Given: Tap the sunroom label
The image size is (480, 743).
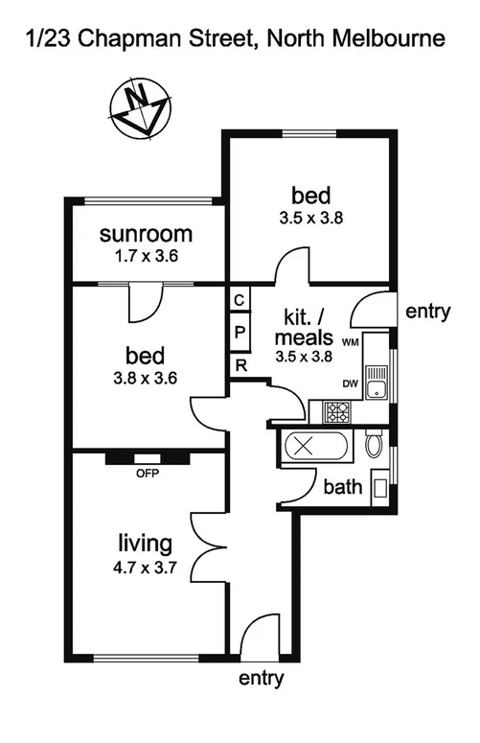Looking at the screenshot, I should tap(147, 234).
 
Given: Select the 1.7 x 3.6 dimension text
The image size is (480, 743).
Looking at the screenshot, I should tap(147, 256).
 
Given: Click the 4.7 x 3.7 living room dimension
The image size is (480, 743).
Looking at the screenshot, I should tap(145, 567).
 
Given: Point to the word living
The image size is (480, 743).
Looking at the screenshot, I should tap(145, 545).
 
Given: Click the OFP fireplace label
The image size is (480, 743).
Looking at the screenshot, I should tap(146, 473).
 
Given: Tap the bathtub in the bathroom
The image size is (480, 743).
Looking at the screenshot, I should tap(306, 449).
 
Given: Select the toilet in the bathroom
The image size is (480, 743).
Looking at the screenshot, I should tap(375, 445).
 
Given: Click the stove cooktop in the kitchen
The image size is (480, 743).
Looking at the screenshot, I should tap(336, 413).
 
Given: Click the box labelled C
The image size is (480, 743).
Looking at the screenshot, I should tap(240, 299).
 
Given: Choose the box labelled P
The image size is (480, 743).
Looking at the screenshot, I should tap(240, 332).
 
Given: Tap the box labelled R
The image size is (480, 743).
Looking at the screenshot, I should tap(240, 365).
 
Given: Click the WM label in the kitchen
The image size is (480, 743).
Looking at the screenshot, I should tap(350, 341).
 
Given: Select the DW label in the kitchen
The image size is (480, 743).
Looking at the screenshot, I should tap(350, 383).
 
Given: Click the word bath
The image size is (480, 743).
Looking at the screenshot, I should tap(342, 487).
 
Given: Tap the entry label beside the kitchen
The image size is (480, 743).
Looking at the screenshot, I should tap(428, 312).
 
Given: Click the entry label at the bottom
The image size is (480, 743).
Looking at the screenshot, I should tap(263, 679).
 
